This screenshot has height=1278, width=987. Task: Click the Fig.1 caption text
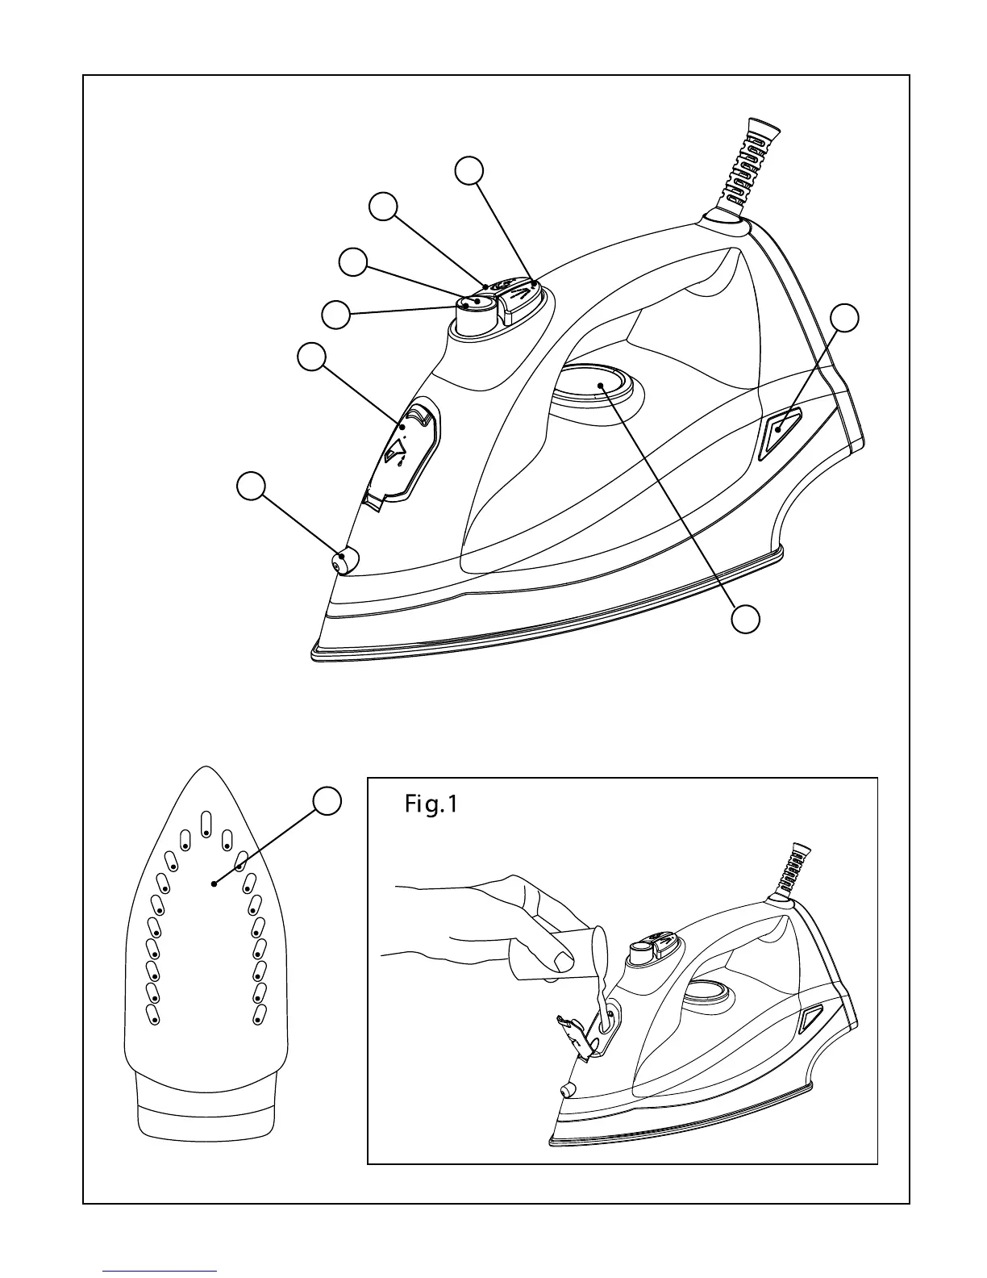[x=431, y=804]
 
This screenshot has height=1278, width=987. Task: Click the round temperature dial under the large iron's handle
[x=598, y=382]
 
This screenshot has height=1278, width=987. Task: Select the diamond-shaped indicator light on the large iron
[x=778, y=427]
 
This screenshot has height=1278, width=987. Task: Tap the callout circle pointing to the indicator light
[x=844, y=317]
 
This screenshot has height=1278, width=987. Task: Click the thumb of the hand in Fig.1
[x=556, y=958]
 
